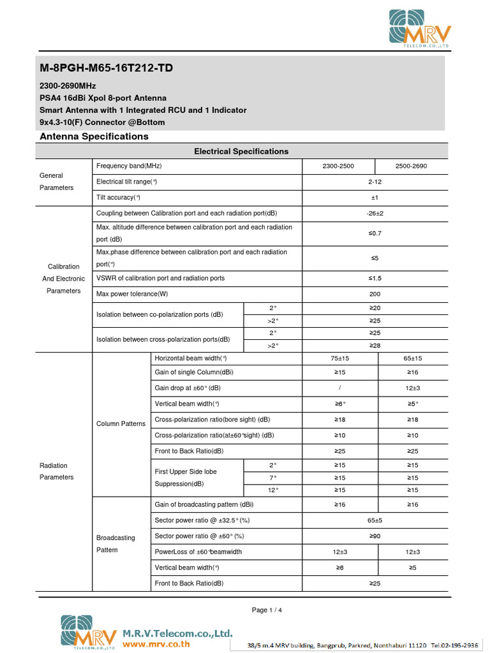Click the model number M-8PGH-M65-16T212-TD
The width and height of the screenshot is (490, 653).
click(x=106, y=68)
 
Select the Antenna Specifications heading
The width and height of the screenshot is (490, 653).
click(x=94, y=136)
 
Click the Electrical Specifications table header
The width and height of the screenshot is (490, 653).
click(x=241, y=151)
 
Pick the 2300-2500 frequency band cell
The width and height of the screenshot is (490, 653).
click(x=338, y=166)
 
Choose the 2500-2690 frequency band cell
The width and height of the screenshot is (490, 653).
click(x=411, y=166)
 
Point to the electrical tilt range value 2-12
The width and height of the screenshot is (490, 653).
click(x=375, y=182)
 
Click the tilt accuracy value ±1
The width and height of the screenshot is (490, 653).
click(x=375, y=198)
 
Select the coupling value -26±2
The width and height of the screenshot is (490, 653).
click(x=375, y=213)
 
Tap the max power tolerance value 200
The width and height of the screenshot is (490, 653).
click(x=375, y=295)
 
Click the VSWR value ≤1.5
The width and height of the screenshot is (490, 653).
click(x=375, y=279)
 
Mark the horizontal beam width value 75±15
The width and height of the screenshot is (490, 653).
click(x=339, y=358)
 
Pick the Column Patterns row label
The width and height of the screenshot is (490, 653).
click(x=121, y=423)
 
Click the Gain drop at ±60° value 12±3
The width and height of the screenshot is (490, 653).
click(x=413, y=388)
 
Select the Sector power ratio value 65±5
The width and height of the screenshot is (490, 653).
click(x=375, y=521)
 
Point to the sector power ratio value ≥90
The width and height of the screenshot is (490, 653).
click(x=375, y=536)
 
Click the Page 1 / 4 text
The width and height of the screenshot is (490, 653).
click(x=267, y=610)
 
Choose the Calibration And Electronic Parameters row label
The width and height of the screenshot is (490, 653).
click(x=63, y=279)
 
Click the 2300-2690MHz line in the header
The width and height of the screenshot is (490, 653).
click(x=68, y=85)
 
